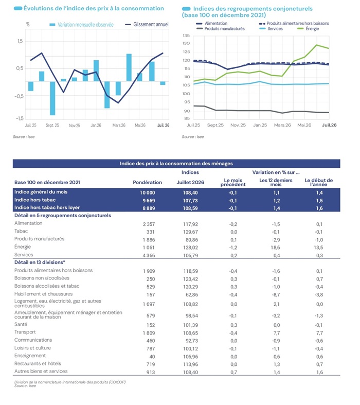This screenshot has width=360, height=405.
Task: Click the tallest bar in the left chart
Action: pos(129,67)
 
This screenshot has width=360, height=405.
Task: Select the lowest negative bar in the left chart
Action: pos(52,98)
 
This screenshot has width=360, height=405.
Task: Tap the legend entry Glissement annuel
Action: pos(147,25)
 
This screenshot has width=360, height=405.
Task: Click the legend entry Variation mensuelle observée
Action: pos(82,25)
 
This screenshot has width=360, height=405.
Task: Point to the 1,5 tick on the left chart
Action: pos(20,41)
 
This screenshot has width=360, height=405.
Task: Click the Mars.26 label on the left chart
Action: pos(119,125)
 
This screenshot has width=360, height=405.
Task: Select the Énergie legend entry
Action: pos(309,29)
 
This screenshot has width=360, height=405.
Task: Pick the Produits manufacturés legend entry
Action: pos(221,29)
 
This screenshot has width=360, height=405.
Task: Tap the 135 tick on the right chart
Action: pos(186,36)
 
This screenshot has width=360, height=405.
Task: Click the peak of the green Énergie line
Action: pos(317,45)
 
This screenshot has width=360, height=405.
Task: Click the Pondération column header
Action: pos(148,182)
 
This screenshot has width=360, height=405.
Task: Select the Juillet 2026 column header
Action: pos(190,182)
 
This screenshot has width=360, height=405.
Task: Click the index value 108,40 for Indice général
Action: pos(190,192)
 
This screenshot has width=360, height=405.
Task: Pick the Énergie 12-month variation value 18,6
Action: pos(276,248)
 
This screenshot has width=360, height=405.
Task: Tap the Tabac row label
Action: pos(21,231)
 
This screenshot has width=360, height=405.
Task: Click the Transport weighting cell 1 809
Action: pos(149,333)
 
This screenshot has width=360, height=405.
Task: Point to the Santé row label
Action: pos(21,324)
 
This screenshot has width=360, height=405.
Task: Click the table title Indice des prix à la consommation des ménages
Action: pos(176,164)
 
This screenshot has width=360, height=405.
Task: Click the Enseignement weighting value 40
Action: pos(152,357)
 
